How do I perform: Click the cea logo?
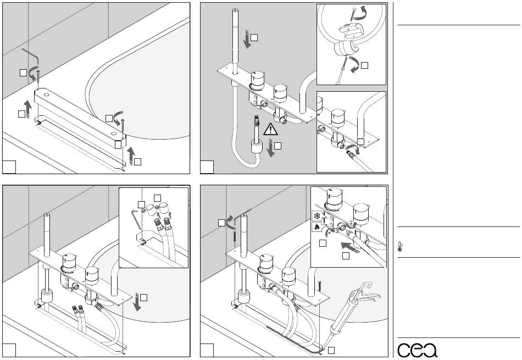tap(417, 350)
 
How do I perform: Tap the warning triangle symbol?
tap(270, 129)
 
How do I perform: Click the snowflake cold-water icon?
tap(317, 216)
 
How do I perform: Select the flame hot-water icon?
tap(316, 227)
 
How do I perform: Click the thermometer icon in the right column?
tap(400, 247)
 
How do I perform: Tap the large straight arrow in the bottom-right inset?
tap(350, 248)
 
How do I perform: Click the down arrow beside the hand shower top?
tap(247, 39)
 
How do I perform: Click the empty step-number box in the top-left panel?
tap(9, 167)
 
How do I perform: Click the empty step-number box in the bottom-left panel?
tap(9, 350)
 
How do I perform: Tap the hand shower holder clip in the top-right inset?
tap(345, 48)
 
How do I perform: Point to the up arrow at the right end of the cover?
tap(131, 154)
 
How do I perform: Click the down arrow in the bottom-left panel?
tap(137, 302)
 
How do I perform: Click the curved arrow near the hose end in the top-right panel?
tap(352, 149)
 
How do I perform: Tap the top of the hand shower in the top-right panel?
tap(236, 10)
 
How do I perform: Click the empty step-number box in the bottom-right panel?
tap(207, 350)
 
